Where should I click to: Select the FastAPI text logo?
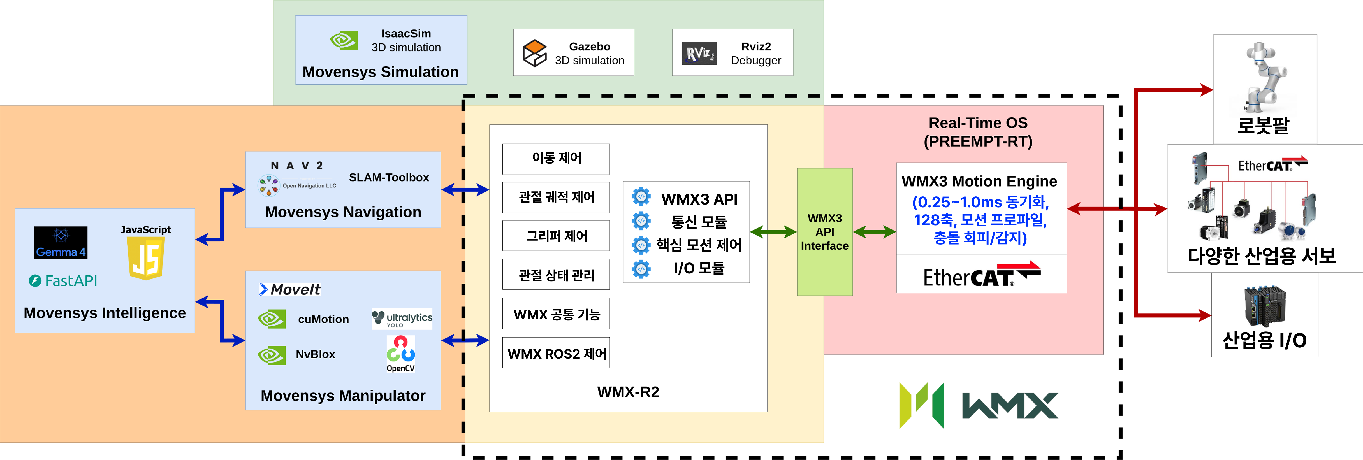63,281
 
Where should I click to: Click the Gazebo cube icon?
534,53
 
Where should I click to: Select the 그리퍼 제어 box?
556,236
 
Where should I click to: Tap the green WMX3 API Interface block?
824,232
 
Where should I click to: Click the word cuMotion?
323,319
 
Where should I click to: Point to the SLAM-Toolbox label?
389,178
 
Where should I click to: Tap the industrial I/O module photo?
1265,307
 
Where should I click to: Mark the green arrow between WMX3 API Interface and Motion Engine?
874,232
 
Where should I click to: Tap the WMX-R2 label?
628,392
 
